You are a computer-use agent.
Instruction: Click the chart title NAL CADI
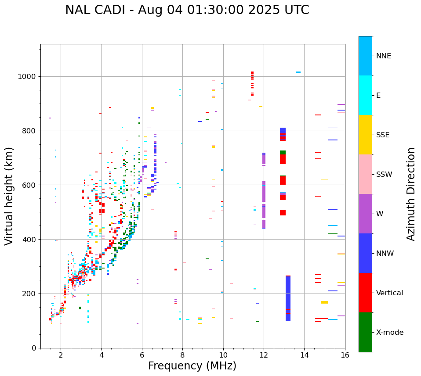point(187,10)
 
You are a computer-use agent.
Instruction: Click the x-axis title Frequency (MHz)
point(192,366)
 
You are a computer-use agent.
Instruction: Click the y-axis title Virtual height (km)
point(9,196)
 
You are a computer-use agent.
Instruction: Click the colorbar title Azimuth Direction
point(411,194)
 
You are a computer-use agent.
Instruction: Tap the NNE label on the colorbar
point(384,56)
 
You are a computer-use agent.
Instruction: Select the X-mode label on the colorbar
point(390,333)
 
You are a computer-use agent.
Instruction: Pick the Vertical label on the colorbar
point(389,293)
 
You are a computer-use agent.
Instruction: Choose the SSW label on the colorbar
point(384,175)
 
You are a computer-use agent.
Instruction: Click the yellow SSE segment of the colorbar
point(365,135)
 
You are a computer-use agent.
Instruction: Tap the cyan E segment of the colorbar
point(365,95)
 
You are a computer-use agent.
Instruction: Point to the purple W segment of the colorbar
point(365,214)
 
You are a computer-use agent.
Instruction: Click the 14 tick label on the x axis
point(304,355)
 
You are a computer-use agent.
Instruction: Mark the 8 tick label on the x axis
point(182,355)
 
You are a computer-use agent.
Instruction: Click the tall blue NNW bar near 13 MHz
point(288,298)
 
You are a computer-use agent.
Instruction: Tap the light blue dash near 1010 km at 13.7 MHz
point(298,72)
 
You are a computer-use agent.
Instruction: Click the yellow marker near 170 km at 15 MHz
point(324,302)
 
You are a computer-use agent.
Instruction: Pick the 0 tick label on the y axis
point(33,348)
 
